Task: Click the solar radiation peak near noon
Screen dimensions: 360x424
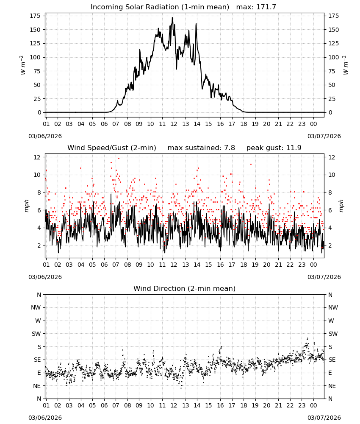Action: coord(172,18)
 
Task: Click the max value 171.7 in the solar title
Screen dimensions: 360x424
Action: coord(266,7)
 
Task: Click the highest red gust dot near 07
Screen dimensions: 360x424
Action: coord(119,159)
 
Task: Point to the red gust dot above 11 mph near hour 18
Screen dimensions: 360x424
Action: coord(251,164)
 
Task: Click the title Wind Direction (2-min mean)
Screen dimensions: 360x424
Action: coord(185,288)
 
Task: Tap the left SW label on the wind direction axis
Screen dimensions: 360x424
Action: coord(36,334)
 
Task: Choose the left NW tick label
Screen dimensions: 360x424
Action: coord(36,307)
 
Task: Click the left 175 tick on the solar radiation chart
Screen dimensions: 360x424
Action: coord(35,16)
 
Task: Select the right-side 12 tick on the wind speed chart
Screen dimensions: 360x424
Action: coord(332,157)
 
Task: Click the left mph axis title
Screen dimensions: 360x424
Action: coord(26,206)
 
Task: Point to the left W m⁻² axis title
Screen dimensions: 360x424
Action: coord(23,65)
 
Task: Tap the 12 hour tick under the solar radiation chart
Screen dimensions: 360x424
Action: coord(174,124)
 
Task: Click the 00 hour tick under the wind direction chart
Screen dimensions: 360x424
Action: coord(313,405)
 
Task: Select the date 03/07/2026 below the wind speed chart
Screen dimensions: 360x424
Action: coord(324,277)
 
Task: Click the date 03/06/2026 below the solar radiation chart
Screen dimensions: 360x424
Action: coord(45,136)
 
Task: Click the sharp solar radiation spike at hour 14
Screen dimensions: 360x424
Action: coord(196,24)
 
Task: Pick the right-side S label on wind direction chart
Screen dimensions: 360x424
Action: coord(330,347)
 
